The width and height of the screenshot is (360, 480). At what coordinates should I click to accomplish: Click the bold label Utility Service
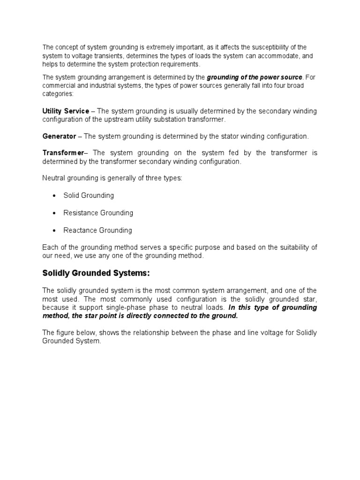tap(66, 111)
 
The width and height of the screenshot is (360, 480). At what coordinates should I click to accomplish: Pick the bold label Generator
tap(59, 136)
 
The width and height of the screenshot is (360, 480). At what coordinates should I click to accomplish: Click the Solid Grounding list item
tap(89, 195)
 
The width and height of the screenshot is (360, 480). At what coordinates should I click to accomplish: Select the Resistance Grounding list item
tap(98, 213)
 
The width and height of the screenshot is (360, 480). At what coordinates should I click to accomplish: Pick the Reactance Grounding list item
tap(97, 230)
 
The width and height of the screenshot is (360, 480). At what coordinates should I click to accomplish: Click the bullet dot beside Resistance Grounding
tap(55, 213)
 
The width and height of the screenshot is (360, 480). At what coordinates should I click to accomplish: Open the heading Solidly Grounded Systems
tap(96, 273)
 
